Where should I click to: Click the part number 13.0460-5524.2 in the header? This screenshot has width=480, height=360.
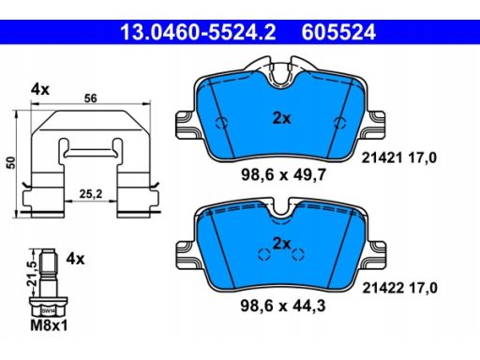[198, 33]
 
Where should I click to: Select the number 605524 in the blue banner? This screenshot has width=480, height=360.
[338, 33]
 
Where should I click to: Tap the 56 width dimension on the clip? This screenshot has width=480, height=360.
[91, 98]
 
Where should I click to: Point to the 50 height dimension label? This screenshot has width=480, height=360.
[11, 163]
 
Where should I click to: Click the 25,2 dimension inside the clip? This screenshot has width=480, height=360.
[91, 194]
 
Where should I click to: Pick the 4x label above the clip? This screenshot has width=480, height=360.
[40, 90]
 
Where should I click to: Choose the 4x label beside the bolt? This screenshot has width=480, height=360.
[75, 259]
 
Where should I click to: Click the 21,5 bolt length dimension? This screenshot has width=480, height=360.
[32, 273]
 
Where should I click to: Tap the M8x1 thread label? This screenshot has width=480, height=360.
[49, 325]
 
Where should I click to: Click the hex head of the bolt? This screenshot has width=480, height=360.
[49, 307]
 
